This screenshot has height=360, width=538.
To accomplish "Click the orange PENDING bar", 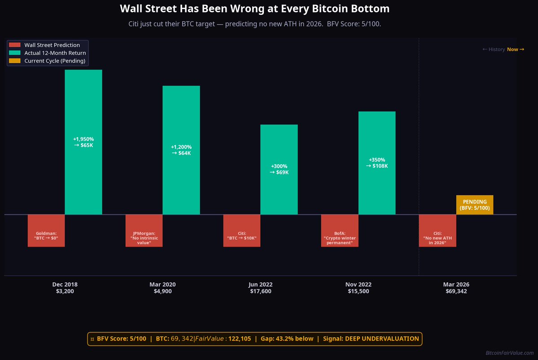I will [x=475, y=205].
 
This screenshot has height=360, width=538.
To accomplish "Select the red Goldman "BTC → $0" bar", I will [x=46, y=230].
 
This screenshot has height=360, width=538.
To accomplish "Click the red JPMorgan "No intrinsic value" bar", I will [x=144, y=230].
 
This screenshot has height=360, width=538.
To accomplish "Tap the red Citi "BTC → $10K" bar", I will [x=242, y=230].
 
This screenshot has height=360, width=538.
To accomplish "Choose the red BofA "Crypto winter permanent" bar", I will [x=340, y=230].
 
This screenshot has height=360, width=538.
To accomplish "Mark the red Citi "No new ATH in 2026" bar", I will [x=437, y=230].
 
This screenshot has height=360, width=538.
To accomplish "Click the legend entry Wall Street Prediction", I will [x=52, y=45].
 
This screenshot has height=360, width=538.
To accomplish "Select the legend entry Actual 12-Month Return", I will [x=55, y=53].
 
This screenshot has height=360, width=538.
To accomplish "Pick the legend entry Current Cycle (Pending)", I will [x=55, y=61].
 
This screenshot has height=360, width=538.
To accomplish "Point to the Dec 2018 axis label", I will [x=65, y=284].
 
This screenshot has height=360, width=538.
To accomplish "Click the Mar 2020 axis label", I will [x=162, y=284].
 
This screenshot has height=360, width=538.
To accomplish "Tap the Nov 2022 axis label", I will [x=358, y=284].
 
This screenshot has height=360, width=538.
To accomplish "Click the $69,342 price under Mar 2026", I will [x=456, y=291].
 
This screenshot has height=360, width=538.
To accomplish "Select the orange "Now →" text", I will [x=515, y=49].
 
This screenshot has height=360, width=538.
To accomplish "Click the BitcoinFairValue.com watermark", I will [x=509, y=353].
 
